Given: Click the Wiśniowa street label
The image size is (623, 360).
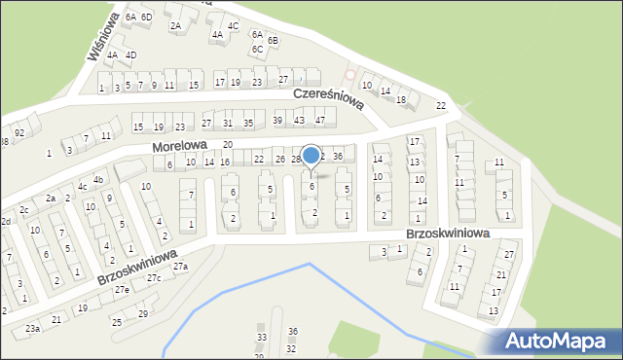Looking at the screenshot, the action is point(104,37).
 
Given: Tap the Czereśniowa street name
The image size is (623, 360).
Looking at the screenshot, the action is point(329,97).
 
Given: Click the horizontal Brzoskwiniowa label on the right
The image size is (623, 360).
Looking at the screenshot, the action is point(449,234).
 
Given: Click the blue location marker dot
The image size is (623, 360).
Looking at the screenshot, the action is point(311,155).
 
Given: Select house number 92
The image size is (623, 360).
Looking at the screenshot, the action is point(19,132).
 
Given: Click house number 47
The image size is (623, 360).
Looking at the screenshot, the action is point(319,120).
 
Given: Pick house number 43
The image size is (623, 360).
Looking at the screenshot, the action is point(299,120).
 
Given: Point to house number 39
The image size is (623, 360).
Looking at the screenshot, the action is point(277,120).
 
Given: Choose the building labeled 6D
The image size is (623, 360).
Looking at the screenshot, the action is point(146,18).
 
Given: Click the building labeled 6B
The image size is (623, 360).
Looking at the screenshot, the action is point(273,40).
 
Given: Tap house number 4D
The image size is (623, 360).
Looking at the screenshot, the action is point(130,54).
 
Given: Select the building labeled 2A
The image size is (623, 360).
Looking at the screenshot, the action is point(175,26).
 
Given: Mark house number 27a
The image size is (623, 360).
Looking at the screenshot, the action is point(180,266).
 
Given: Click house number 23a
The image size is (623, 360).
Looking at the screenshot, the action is point(32,329).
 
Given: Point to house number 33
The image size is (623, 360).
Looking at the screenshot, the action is point(261,338).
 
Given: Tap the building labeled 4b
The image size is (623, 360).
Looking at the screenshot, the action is point(97,180).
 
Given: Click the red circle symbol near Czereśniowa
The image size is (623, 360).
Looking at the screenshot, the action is point(350,75).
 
